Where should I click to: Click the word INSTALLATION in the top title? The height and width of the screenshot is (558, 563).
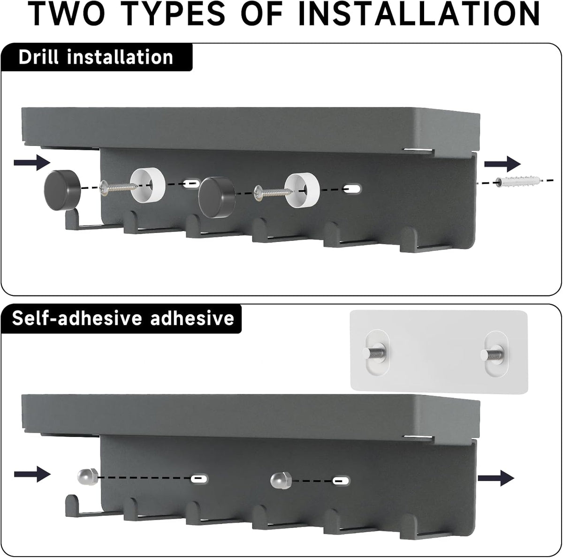click(x=418, y=14)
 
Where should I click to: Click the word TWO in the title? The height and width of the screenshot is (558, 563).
click(x=68, y=14)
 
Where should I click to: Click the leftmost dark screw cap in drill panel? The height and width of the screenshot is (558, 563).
click(x=62, y=190)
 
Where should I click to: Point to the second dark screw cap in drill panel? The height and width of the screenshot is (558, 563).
click(x=217, y=197)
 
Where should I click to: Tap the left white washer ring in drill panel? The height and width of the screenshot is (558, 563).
click(x=148, y=185)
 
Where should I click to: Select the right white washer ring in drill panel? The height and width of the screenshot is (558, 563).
click(x=302, y=190)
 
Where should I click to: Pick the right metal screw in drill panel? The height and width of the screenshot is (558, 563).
click(x=273, y=192)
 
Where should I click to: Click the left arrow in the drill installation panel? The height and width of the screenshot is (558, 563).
click(x=32, y=162)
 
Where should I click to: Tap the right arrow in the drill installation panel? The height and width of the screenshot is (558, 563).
click(x=502, y=164)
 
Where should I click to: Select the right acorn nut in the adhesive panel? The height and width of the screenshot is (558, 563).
click(x=281, y=481)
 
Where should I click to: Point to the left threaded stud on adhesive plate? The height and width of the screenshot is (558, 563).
click(x=374, y=353)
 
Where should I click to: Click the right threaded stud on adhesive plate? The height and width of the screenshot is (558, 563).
click(x=492, y=354)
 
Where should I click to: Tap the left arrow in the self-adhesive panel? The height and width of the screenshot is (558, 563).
click(x=32, y=474)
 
